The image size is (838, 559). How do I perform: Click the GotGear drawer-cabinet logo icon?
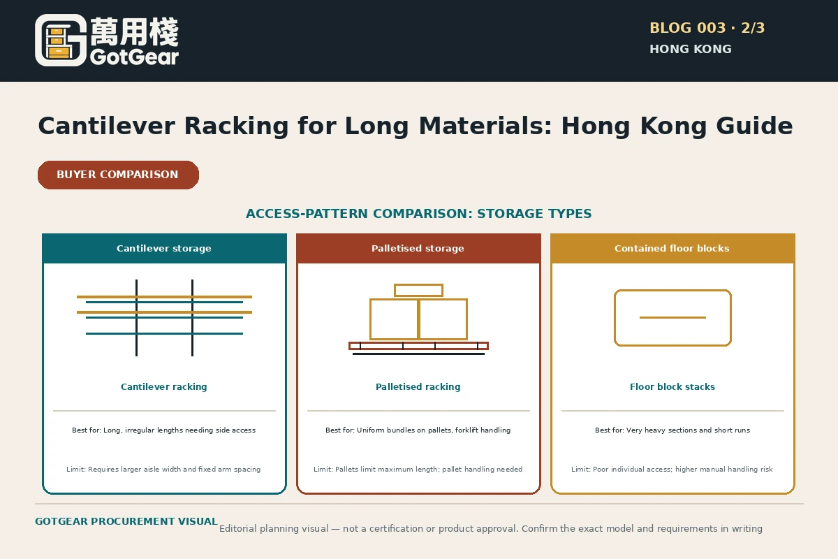click(x=61, y=41)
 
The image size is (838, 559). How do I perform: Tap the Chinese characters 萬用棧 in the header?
click(x=135, y=32)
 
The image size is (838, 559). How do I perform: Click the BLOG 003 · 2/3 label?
click(x=707, y=28)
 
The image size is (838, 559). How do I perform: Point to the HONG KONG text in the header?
click(x=691, y=49)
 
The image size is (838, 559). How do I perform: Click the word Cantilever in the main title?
click(x=107, y=126)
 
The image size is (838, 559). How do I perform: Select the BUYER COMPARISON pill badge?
click(x=118, y=175)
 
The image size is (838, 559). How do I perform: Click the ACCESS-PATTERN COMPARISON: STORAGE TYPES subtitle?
click(x=418, y=213)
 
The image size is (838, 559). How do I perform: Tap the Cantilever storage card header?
click(x=164, y=248)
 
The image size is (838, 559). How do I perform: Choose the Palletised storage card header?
click(x=418, y=248)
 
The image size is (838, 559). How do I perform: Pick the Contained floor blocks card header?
click(x=672, y=248)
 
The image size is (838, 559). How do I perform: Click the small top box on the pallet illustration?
click(x=418, y=290)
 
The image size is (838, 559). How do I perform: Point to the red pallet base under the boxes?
click(x=418, y=346)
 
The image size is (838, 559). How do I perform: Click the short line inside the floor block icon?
click(x=672, y=317)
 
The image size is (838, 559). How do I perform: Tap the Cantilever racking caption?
click(x=164, y=387)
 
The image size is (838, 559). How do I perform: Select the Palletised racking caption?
click(x=418, y=387)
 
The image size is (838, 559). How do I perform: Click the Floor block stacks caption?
click(x=672, y=387)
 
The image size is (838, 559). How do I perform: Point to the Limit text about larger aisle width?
click(x=163, y=469)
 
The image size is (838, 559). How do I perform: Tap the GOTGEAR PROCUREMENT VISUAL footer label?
click(x=126, y=521)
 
